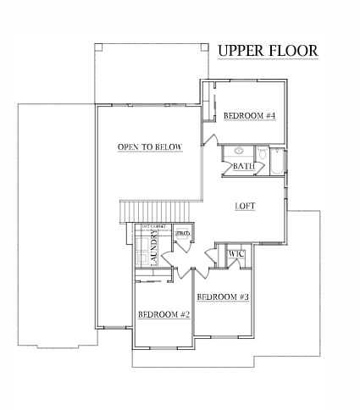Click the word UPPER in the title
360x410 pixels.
pos(240,51)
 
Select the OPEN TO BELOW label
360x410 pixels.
pos(150,147)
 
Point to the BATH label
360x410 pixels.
pos(243,166)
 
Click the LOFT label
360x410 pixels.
pos(246,206)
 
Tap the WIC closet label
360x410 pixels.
pos(236,253)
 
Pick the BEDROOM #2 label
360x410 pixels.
pos(163,314)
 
